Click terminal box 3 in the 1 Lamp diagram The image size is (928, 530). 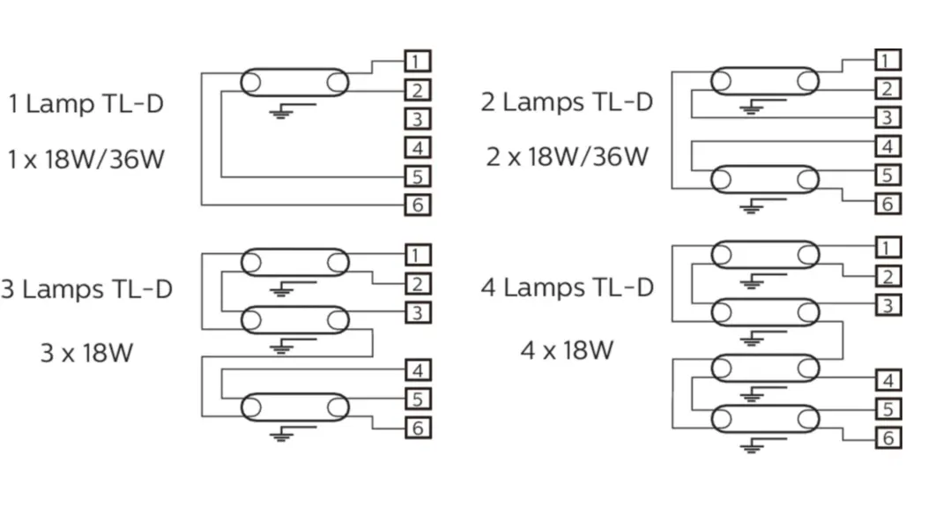[x=418, y=119]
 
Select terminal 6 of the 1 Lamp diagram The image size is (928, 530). [x=418, y=205]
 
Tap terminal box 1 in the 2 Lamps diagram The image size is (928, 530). [x=888, y=60]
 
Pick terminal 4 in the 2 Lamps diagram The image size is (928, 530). [x=888, y=146]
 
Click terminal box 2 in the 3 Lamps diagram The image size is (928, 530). [x=419, y=284]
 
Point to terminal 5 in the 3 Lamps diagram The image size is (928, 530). [x=419, y=399]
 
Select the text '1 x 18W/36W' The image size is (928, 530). [x=85, y=160]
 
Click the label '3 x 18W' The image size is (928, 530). [x=86, y=353]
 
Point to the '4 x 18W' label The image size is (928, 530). [x=567, y=351]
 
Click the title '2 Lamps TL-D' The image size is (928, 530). [x=567, y=101]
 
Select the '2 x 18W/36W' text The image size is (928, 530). [x=568, y=157]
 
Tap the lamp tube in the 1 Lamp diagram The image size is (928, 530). [x=294, y=82]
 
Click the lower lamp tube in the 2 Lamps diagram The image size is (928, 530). [x=765, y=179]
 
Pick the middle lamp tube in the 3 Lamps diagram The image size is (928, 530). [x=294, y=320]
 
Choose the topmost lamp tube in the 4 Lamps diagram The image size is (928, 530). [x=765, y=255]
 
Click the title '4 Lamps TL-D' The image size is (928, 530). [x=567, y=287]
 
